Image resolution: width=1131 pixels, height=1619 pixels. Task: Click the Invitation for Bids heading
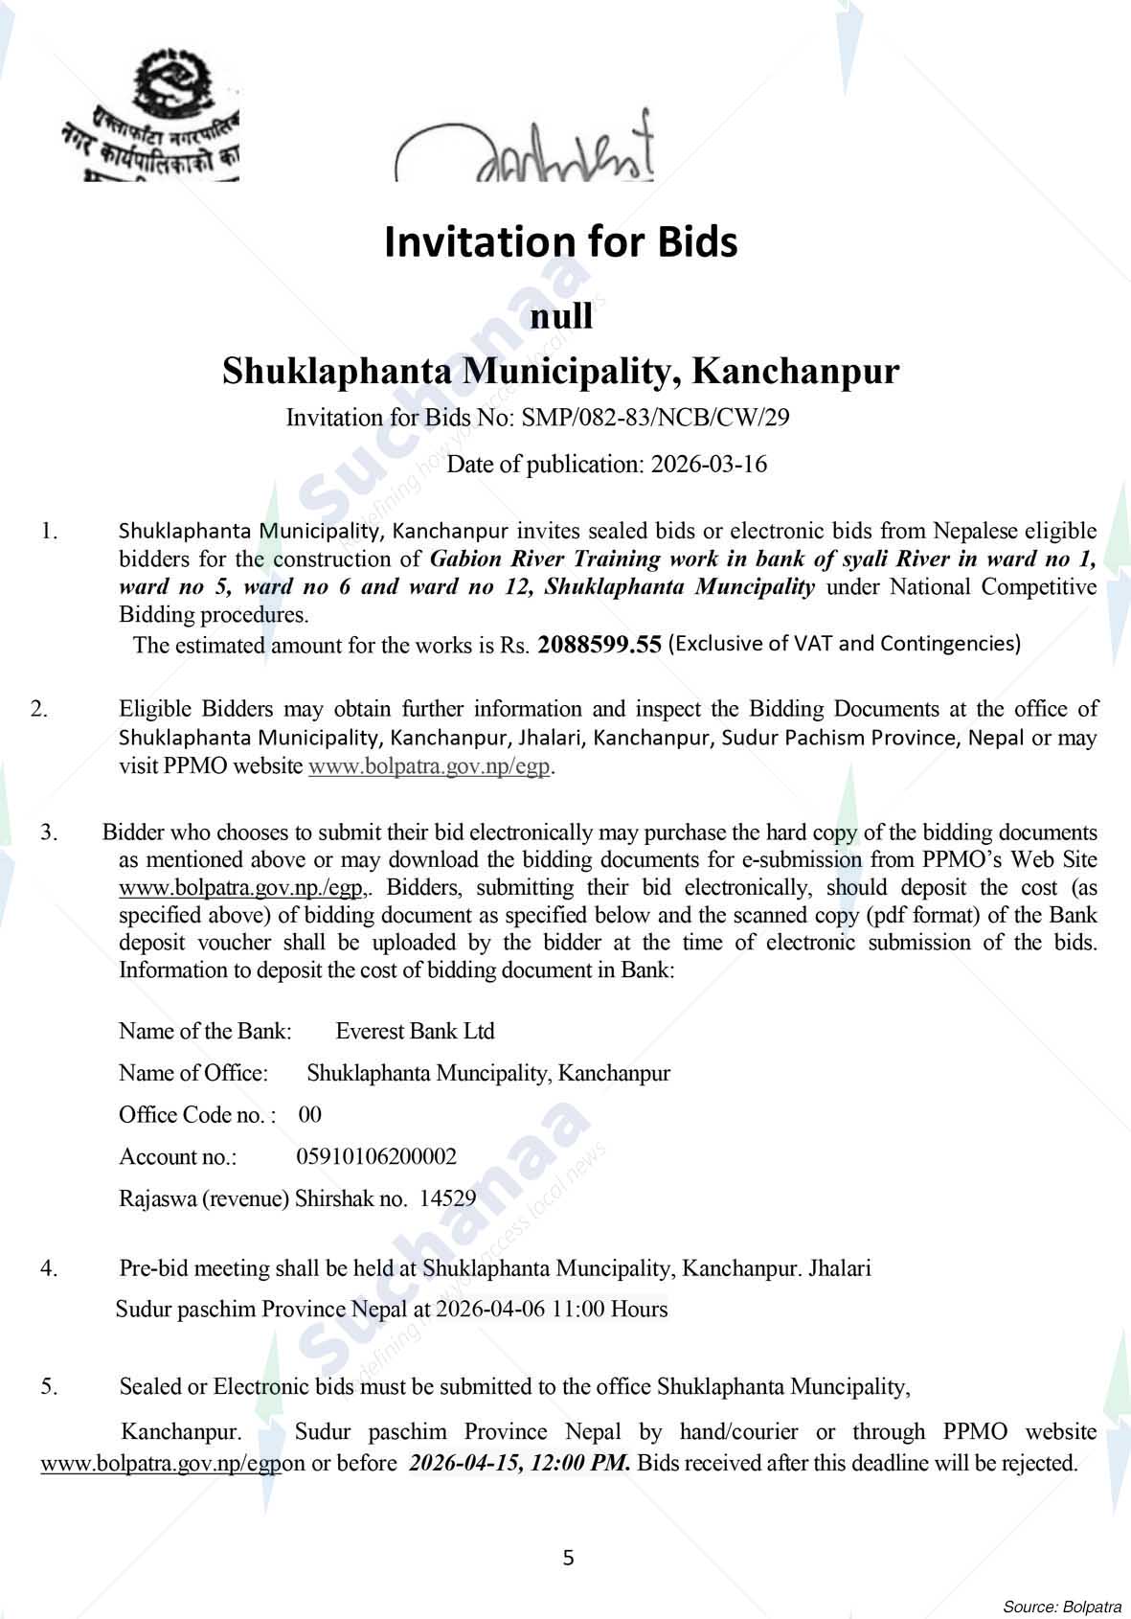tap(561, 242)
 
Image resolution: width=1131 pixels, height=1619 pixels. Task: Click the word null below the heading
tap(561, 317)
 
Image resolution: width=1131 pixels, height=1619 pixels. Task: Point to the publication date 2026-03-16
tap(709, 465)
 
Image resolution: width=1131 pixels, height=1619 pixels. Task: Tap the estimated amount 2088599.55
tap(599, 645)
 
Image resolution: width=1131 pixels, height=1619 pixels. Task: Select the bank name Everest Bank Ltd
tap(415, 1031)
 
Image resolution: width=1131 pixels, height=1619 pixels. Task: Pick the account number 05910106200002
tap(376, 1156)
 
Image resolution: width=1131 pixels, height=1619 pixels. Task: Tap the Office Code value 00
tap(310, 1114)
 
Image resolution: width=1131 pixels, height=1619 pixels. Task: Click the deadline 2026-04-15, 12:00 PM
tap(519, 1463)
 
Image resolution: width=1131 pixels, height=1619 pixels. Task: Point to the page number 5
tap(568, 1558)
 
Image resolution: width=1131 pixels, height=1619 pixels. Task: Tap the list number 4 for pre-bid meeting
tap(49, 1268)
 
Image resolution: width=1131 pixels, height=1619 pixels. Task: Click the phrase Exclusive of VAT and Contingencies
tap(844, 644)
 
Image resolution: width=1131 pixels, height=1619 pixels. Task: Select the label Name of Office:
tap(193, 1073)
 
